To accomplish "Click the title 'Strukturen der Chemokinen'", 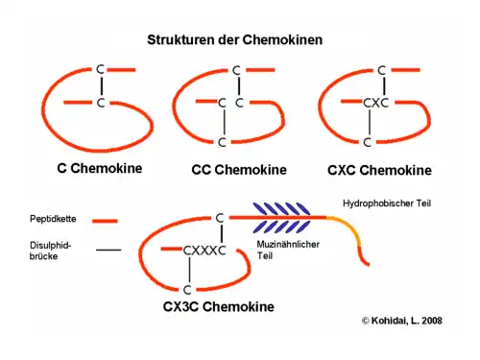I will coord(234,40).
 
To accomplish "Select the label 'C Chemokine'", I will coord(99,168).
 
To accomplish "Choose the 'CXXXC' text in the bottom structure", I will coord(204,252).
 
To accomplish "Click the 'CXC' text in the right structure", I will coord(374,102).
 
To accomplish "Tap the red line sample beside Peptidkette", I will coord(108,220).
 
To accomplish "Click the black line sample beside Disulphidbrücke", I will coord(108,250).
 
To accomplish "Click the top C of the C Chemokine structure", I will coord(100,69).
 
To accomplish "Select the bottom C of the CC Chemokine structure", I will coord(223,142).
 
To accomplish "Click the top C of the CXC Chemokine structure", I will coord(381,70).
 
